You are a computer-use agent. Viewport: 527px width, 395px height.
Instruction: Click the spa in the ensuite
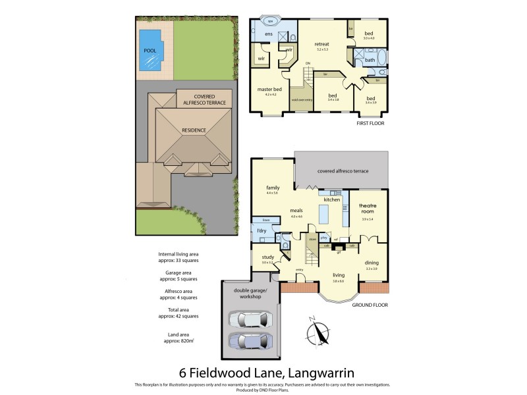click(269, 20)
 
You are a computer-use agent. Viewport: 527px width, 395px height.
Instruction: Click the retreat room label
click(321, 44)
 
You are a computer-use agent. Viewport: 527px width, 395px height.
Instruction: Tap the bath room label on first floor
click(370, 60)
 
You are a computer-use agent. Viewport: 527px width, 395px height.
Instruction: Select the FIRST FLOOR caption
click(370, 123)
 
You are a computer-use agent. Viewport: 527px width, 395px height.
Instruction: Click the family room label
click(273, 188)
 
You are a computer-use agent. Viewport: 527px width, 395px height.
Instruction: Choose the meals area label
click(296, 211)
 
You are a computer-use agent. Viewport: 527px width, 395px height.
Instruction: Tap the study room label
click(267, 257)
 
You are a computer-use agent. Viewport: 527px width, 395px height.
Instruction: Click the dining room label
click(372, 263)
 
